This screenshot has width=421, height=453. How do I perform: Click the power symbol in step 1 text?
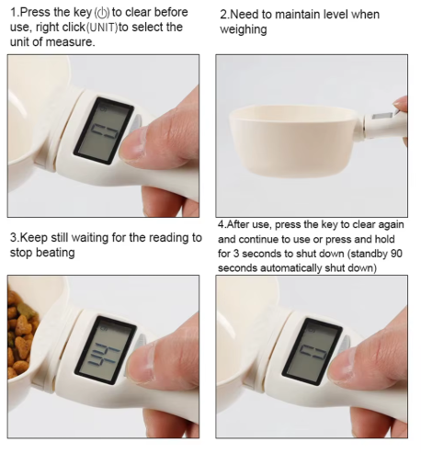[x=102, y=13]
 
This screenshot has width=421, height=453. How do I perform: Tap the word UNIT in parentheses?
[x=102, y=28]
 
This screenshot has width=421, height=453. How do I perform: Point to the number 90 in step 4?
[x=396, y=254]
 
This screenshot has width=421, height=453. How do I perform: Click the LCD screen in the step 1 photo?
[x=104, y=130]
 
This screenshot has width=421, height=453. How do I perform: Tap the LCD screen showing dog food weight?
[x=106, y=350]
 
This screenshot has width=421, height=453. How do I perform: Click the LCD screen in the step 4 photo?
[x=312, y=350]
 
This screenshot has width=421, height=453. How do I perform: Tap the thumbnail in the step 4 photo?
[x=339, y=364]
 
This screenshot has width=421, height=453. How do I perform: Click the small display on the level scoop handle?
[x=381, y=117]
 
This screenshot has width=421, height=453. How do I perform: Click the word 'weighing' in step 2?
[x=244, y=30]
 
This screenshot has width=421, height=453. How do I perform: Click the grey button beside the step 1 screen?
[x=137, y=122]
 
